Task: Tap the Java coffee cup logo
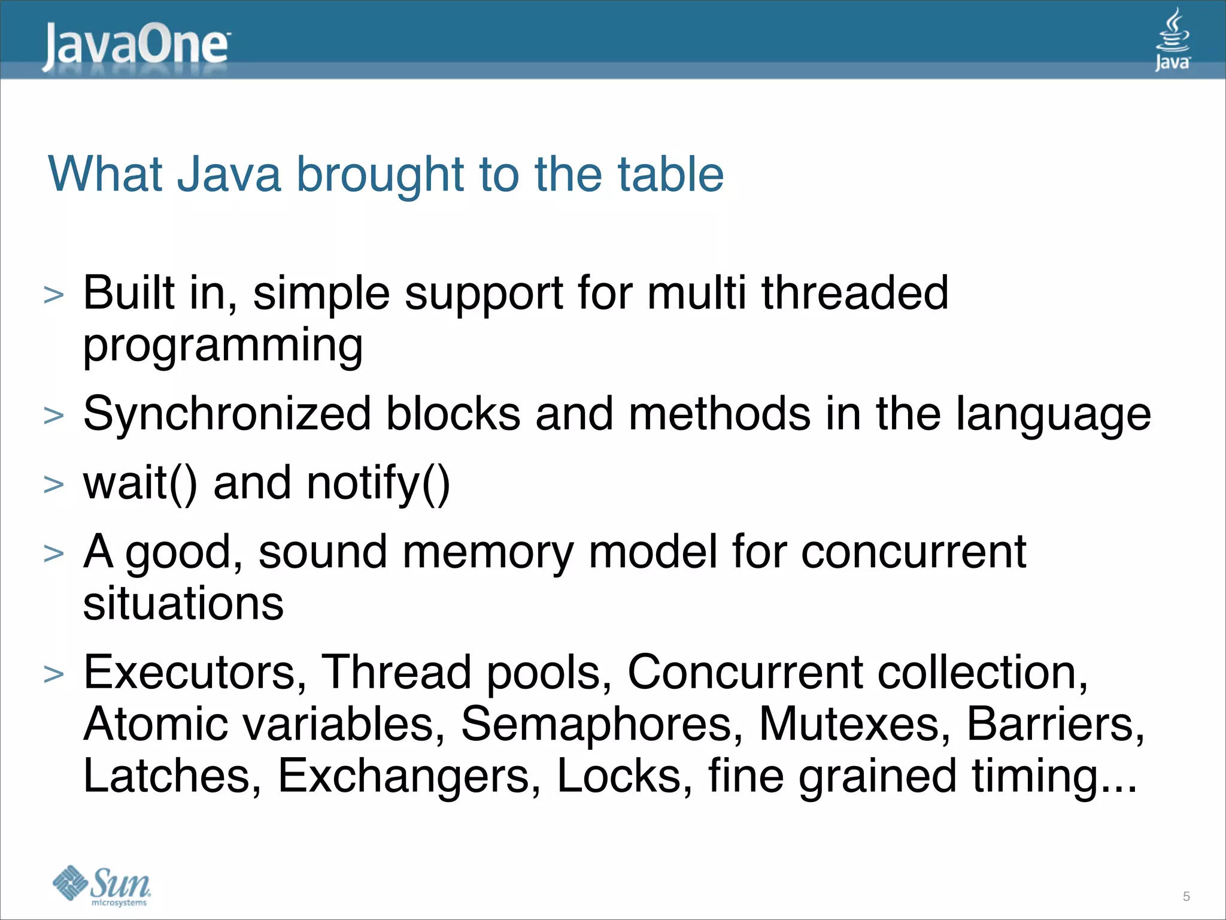(1173, 40)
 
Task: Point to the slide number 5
(1186, 897)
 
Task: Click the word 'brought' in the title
(380, 175)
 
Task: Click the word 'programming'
(223, 346)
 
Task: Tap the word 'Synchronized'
(227, 414)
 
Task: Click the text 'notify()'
(378, 484)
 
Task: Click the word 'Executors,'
(195, 673)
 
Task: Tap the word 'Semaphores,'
(602, 725)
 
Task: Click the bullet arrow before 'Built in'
(54, 295)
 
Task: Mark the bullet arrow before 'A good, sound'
(54, 553)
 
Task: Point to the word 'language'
(1053, 415)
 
